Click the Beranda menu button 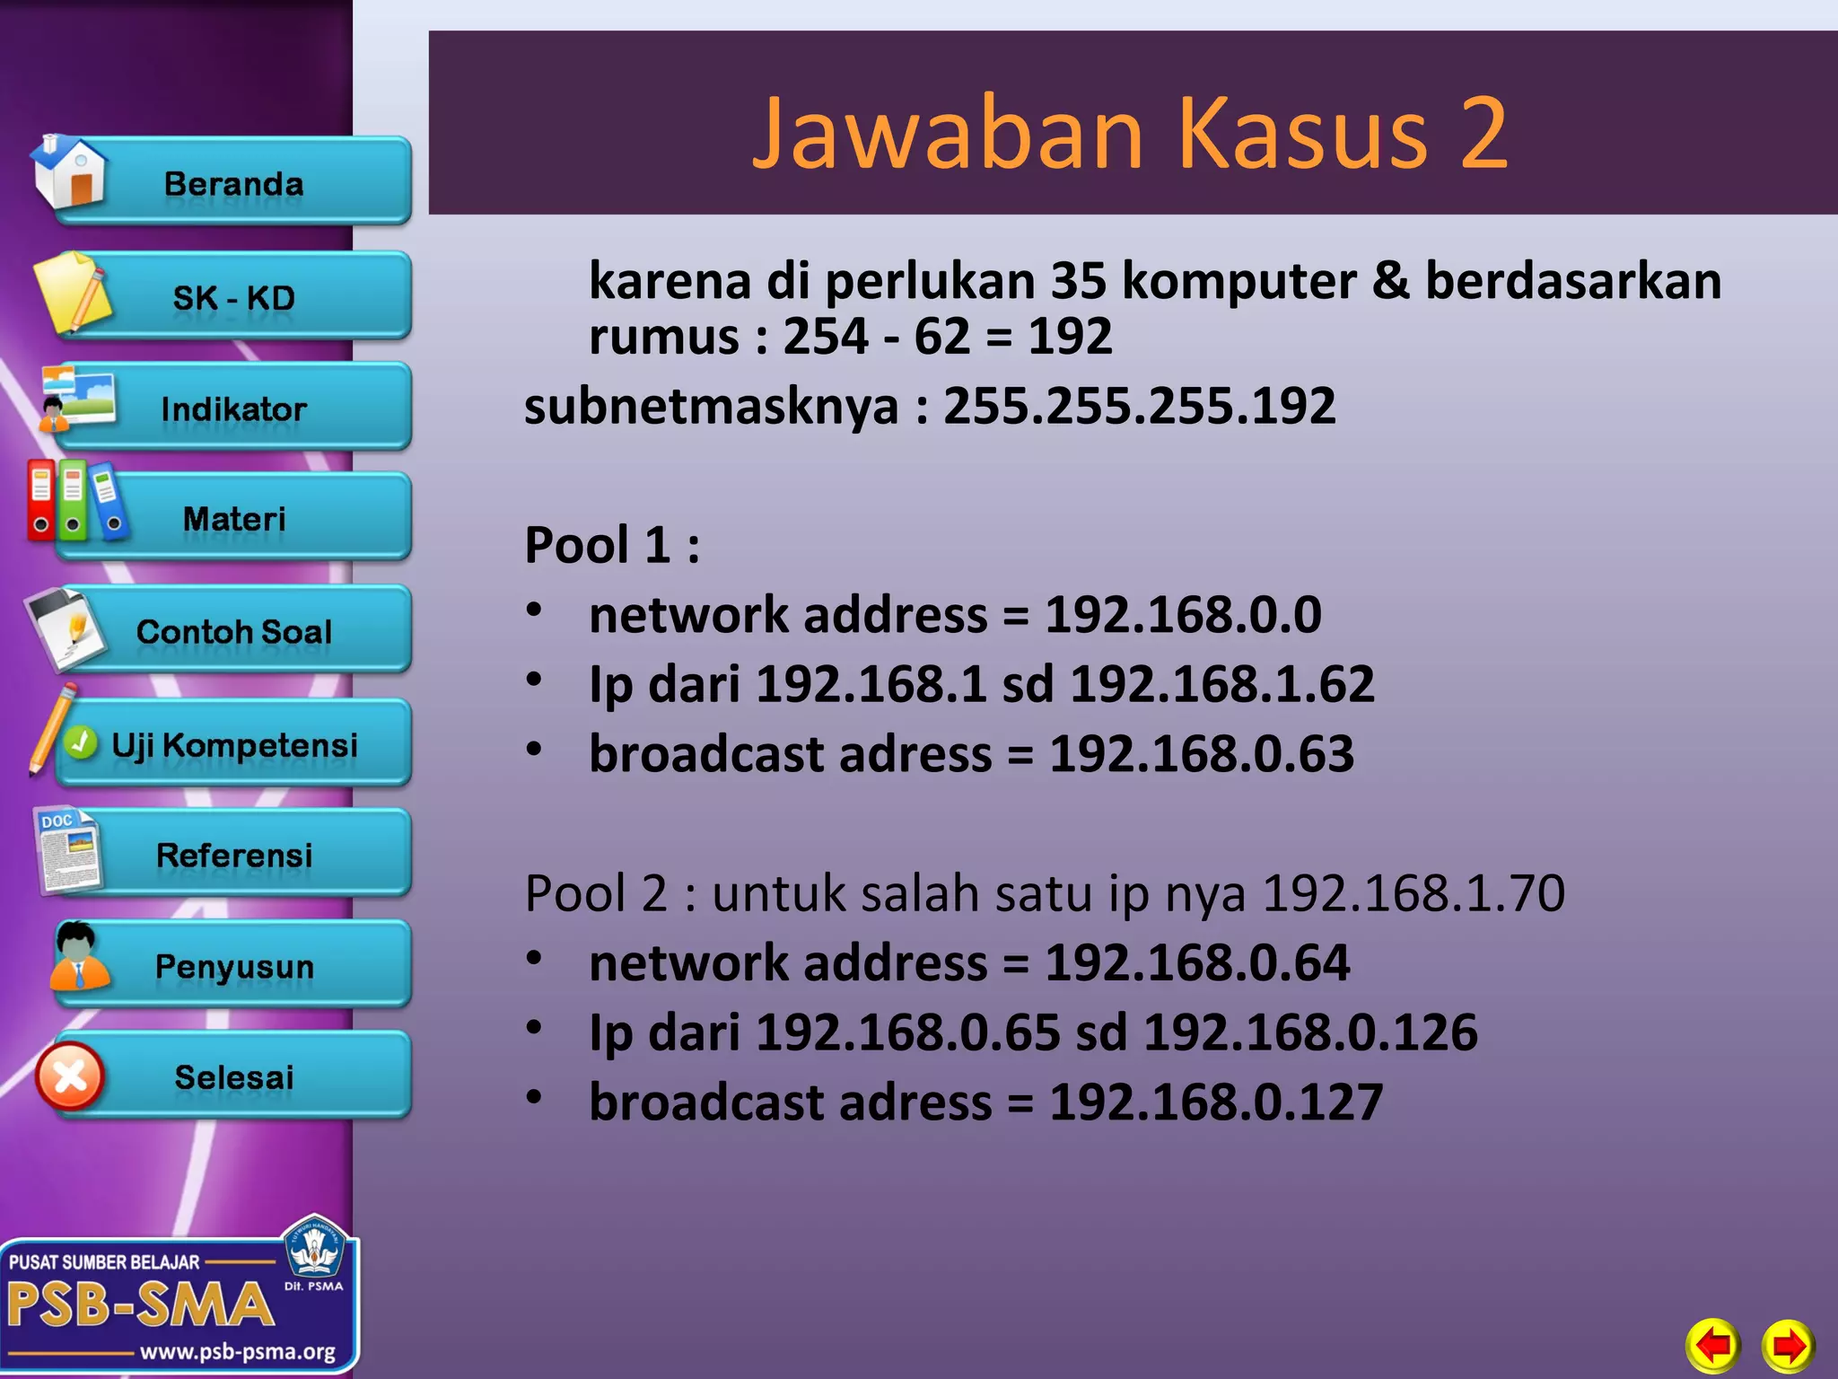tap(233, 183)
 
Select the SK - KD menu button tap(233, 297)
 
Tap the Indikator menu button tap(233, 409)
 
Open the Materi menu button tap(233, 519)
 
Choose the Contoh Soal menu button tap(233, 631)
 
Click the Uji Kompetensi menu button tap(233, 744)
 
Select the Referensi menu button tap(233, 855)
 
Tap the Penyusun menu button tap(233, 966)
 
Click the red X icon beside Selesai tap(70, 1076)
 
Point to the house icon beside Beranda tap(70, 172)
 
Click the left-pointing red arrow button tap(1713, 1345)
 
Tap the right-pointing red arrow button tap(1788, 1345)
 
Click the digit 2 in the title tap(1483, 133)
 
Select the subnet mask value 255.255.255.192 tap(1139, 406)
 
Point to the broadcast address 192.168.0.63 tap(1202, 753)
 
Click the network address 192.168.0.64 tap(1197, 962)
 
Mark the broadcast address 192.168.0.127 tap(1216, 1102)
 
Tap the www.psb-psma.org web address tap(237, 1351)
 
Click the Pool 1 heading tap(611, 545)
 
